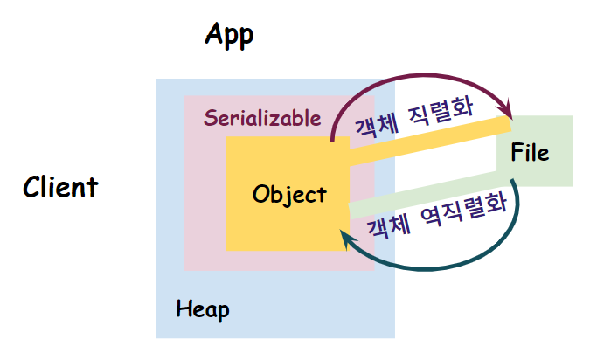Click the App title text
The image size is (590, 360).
click(229, 35)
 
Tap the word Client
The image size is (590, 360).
click(60, 187)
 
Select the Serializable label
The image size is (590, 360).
click(262, 118)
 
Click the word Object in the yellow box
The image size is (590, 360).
click(288, 194)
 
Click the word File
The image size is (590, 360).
click(531, 153)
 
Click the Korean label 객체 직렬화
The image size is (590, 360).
click(413, 116)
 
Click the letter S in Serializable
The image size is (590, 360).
click(210, 118)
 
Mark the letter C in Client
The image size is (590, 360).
click(32, 187)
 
